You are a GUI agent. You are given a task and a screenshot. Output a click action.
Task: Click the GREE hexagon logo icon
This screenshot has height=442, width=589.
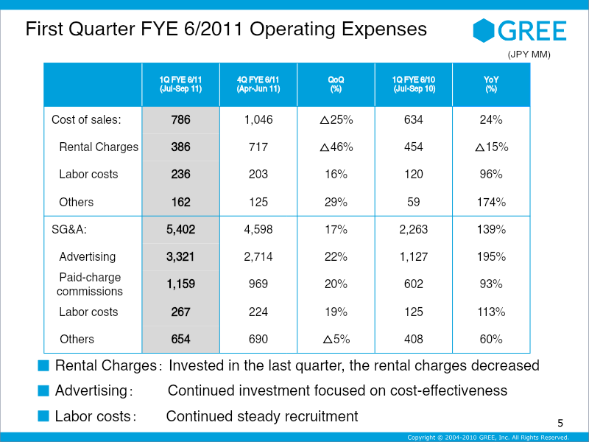click(x=484, y=30)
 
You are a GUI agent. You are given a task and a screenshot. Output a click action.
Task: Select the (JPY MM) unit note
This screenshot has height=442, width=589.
click(x=529, y=55)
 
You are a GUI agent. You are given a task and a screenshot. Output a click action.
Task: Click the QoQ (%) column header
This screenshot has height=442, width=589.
click(x=336, y=84)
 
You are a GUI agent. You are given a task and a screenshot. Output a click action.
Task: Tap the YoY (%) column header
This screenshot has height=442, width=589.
click(x=491, y=84)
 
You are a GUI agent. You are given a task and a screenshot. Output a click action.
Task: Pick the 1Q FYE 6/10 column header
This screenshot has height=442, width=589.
click(x=414, y=84)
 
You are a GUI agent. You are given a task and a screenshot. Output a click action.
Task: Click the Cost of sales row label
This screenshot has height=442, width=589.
click(x=86, y=119)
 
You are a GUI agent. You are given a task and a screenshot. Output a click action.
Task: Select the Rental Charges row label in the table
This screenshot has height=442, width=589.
click(x=99, y=147)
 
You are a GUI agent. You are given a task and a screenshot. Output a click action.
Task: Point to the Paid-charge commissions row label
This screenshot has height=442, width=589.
click(x=90, y=284)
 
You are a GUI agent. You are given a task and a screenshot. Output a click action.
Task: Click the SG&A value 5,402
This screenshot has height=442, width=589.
click(x=180, y=229)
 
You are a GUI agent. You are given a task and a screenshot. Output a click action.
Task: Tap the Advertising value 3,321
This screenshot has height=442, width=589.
click(x=180, y=256)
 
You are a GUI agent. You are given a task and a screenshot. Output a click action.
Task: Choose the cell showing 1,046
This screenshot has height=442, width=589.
click(x=258, y=119)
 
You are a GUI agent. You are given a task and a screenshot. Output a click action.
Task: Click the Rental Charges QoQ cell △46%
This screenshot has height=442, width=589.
click(x=336, y=147)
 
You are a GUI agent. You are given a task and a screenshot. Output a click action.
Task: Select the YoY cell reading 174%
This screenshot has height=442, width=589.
click(x=491, y=202)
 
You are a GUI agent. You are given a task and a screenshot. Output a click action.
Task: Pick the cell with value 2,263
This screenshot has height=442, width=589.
click(x=414, y=229)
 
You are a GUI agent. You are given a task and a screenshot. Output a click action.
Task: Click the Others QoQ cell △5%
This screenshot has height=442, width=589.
click(x=336, y=339)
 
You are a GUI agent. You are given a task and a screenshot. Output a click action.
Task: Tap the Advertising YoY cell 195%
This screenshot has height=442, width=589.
click(x=491, y=256)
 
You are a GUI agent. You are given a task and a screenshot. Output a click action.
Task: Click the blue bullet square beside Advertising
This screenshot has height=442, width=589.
click(x=43, y=391)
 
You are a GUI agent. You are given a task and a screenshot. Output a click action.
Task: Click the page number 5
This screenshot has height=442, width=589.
click(x=560, y=423)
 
